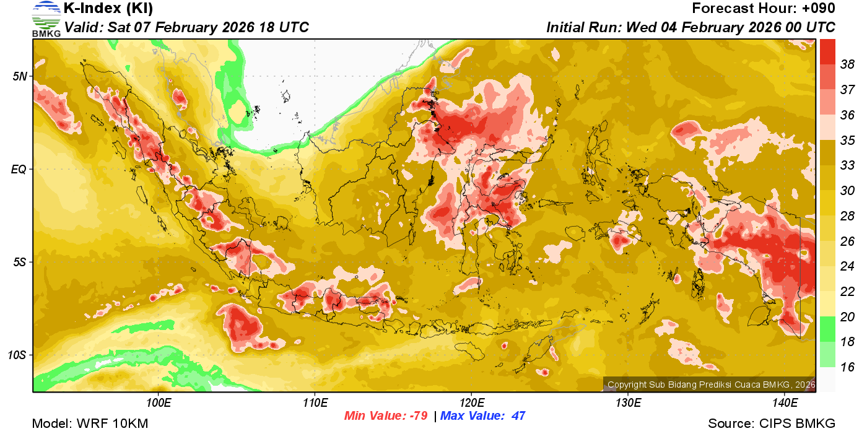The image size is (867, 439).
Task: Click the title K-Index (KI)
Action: [108, 9]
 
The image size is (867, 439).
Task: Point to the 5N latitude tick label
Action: [19, 76]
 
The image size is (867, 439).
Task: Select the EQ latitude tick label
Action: [19, 169]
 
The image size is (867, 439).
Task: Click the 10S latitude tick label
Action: [17, 355]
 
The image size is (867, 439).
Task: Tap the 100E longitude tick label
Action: [159, 403]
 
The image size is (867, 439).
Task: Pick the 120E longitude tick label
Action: [471, 403]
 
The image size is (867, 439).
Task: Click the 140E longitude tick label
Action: [785, 403]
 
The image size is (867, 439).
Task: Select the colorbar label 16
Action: [847, 367]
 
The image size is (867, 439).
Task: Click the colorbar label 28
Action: [847, 215]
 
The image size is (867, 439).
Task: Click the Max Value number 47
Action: [518, 416]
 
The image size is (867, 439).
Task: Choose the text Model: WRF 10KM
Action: [90, 424]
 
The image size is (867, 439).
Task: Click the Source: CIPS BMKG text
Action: [772, 424]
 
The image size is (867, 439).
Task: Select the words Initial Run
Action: [583, 28]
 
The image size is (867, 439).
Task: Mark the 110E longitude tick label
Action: [315, 403]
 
